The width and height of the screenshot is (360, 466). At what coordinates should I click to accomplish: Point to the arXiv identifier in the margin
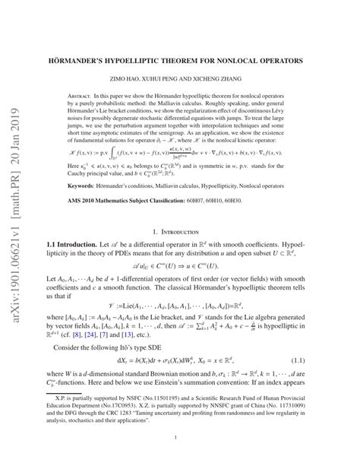coord(16,205)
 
